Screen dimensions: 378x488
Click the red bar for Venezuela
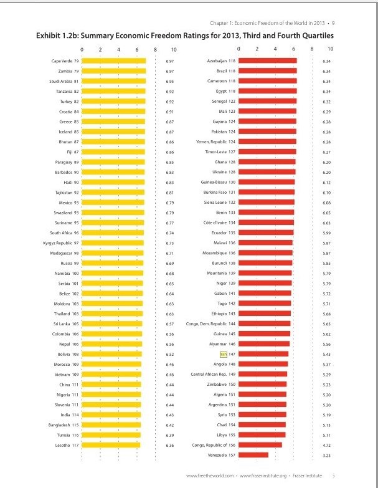pyautogui.click(x=253, y=455)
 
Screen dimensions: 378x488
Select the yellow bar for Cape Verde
pyautogui.click(x=114, y=61)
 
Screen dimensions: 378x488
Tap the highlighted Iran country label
pyautogui.click(x=223, y=354)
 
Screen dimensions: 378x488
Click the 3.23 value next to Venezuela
pyautogui.click(x=326, y=456)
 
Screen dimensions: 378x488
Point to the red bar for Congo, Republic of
pyautogui.click(x=260, y=445)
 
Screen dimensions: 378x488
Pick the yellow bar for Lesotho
pyautogui.click(x=111, y=445)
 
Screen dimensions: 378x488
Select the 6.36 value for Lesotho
pyautogui.click(x=170, y=446)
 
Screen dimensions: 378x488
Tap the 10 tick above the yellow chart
pyautogui.click(x=174, y=49)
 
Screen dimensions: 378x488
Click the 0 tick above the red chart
pyautogui.click(x=239, y=49)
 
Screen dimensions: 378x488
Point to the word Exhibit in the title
pyautogui.click(x=47, y=36)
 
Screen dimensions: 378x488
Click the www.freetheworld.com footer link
pyautogui.click(x=210, y=476)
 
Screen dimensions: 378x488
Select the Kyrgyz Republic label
pyautogui.click(x=57, y=243)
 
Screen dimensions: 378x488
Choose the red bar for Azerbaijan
pyautogui.click(x=268, y=60)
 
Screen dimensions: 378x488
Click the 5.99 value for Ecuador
pyautogui.click(x=326, y=233)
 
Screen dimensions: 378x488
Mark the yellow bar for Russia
pyautogui.click(x=113, y=263)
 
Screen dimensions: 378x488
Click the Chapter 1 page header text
pyautogui.click(x=267, y=23)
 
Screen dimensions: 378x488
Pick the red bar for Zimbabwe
pyautogui.click(x=262, y=385)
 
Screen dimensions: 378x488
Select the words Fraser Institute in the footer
pyautogui.click(x=307, y=476)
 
